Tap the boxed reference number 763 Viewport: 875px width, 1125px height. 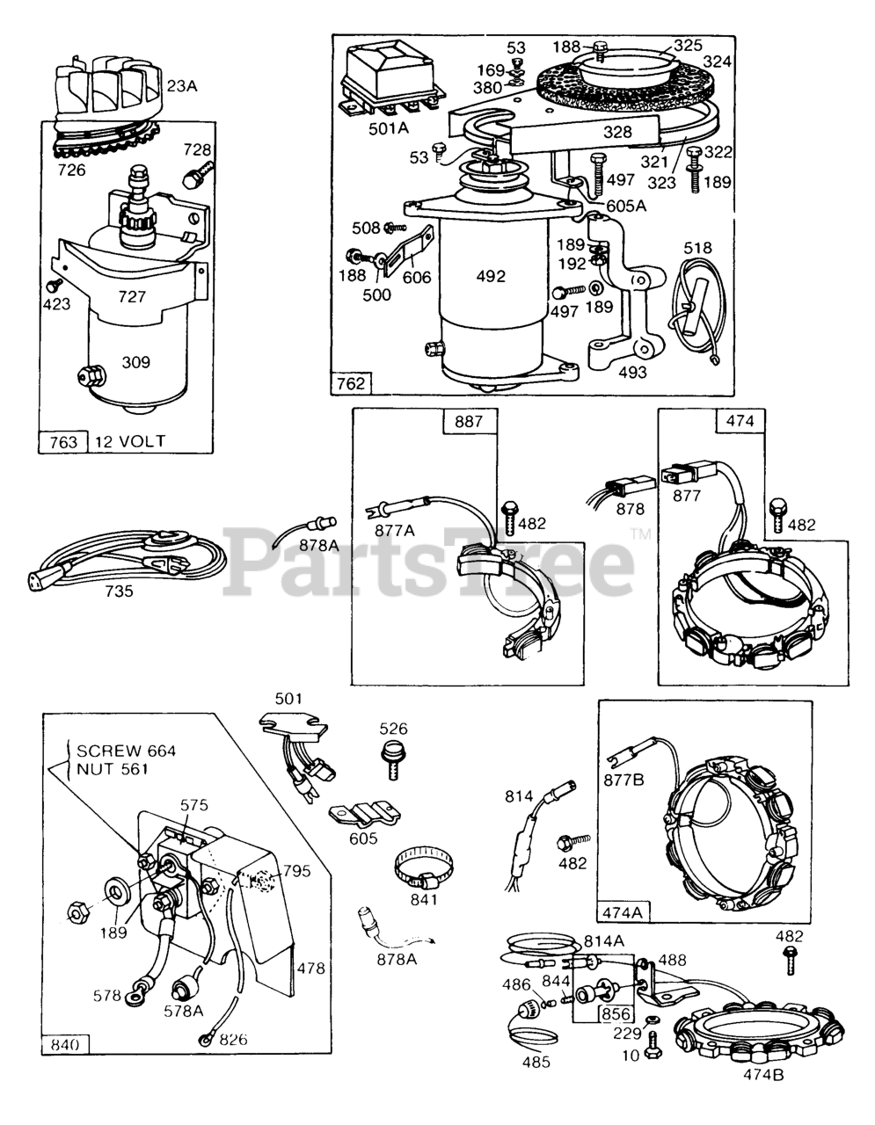[62, 440]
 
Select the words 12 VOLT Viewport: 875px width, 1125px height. [131, 440]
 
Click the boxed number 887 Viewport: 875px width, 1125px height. [469, 422]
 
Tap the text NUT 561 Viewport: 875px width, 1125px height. [112, 769]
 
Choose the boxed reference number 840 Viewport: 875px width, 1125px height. [66, 1044]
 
